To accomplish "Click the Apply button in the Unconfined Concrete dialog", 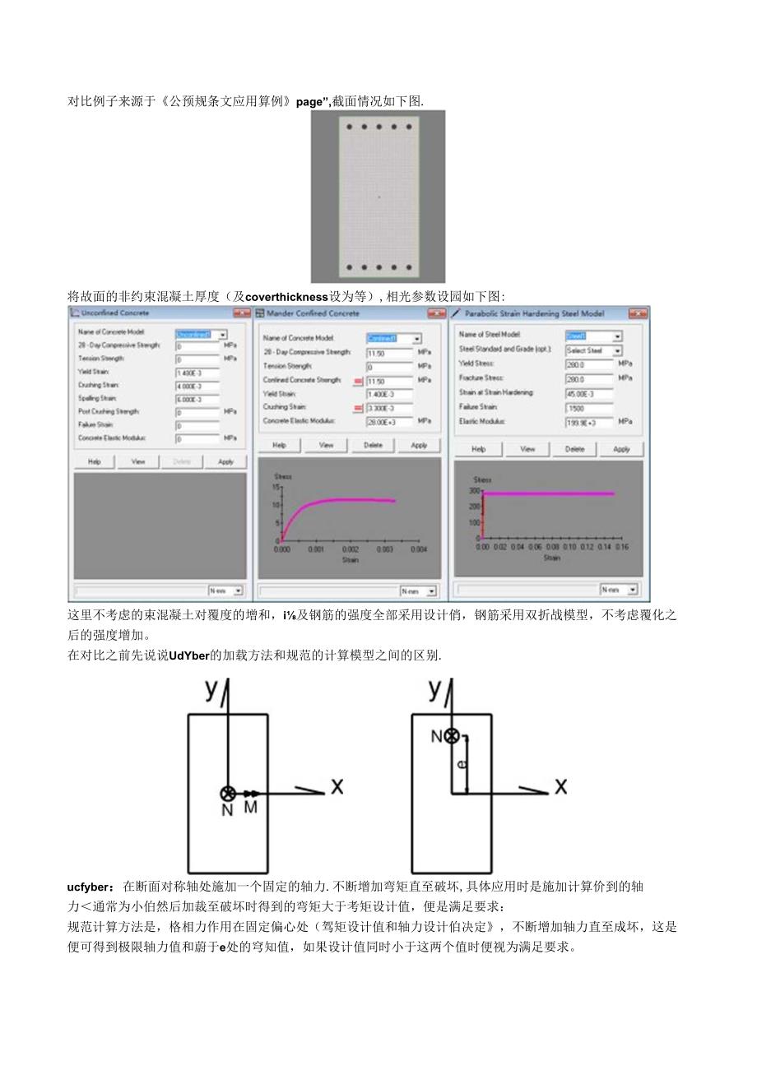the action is click(x=225, y=461).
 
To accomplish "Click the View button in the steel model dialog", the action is click(x=527, y=449).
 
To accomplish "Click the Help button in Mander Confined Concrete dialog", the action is click(x=279, y=445).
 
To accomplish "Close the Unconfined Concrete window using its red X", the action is click(x=241, y=313).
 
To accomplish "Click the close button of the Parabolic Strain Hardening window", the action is click(x=637, y=313).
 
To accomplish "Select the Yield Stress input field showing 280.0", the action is click(x=589, y=364).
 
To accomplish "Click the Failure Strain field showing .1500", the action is click(x=589, y=407).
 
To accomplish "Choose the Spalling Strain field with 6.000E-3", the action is click(x=197, y=399).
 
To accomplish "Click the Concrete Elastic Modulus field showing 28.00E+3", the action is click(x=389, y=421).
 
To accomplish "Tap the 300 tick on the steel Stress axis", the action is click(x=475, y=491).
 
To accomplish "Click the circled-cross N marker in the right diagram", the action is click(x=451, y=736).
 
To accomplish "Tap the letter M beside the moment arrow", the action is click(x=250, y=807).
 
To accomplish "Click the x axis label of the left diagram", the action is click(x=337, y=787).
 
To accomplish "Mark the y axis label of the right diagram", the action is click(x=434, y=689).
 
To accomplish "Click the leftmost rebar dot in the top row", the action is click(x=349, y=127).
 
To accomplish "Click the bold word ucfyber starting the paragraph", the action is click(x=92, y=887).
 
